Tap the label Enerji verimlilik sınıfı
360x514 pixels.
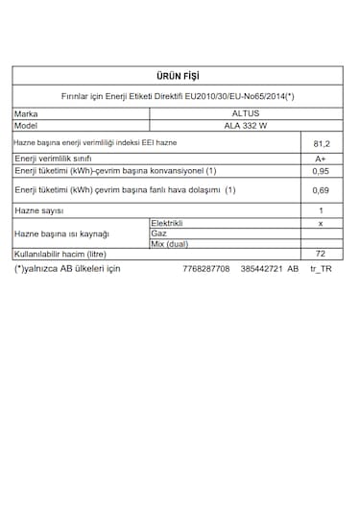pos(53,159)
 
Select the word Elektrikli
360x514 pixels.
pos(168,223)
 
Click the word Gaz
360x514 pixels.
pos(158,233)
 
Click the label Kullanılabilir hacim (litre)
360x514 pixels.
pos(61,255)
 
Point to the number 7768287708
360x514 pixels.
pos(205,269)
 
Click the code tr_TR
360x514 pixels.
pos(321,269)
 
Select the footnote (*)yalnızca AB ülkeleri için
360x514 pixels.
pos(67,269)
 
